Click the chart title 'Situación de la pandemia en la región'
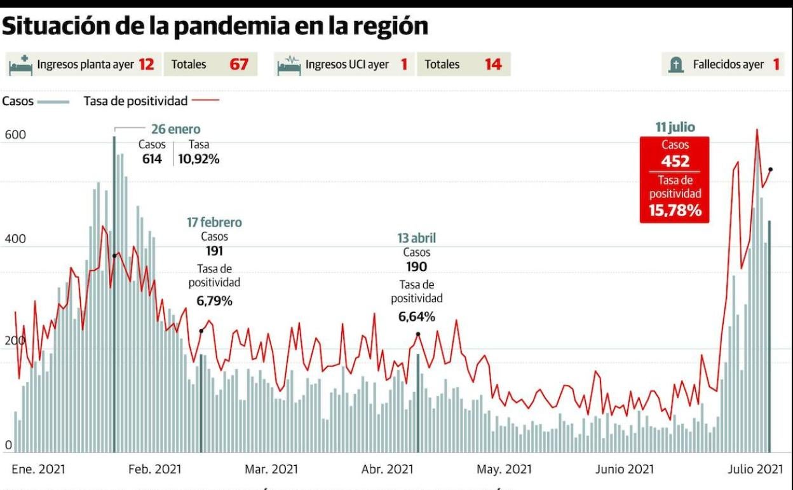(x=215, y=26)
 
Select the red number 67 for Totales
(x=239, y=64)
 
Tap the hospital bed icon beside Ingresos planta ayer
(x=21, y=64)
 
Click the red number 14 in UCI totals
(x=493, y=64)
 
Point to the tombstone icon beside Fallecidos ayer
(x=675, y=64)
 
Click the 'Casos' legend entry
(x=18, y=101)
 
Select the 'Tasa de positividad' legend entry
(x=135, y=101)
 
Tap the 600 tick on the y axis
(x=15, y=135)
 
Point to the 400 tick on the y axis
(x=15, y=239)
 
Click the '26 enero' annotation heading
(x=175, y=130)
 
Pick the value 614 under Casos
(x=152, y=159)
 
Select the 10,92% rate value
(x=199, y=159)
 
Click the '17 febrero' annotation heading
(x=214, y=223)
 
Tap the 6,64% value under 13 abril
(x=417, y=316)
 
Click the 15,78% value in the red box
(x=675, y=210)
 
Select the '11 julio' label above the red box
(x=675, y=127)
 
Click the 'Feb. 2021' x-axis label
(x=154, y=470)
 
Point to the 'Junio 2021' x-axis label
(x=624, y=470)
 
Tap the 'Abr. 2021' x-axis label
(x=387, y=470)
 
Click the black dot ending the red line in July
(x=771, y=169)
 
